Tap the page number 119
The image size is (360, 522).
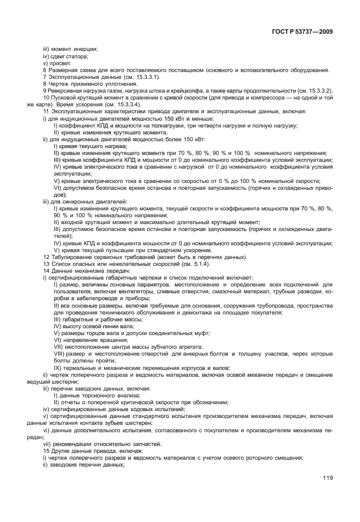coord(327,479)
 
